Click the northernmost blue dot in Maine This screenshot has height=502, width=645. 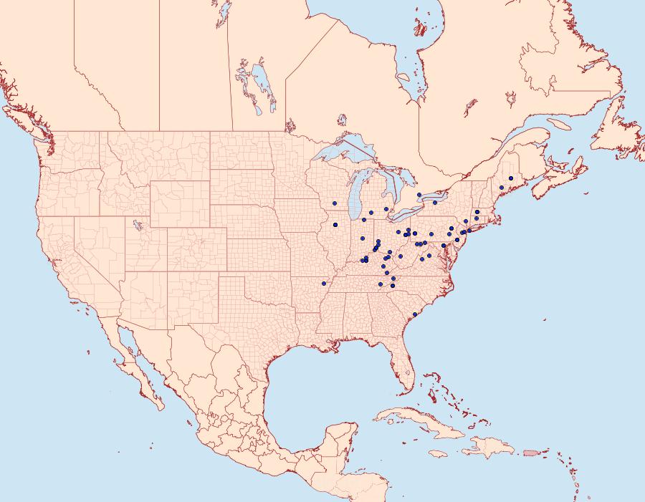511,178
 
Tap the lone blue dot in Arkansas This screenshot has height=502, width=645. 324,284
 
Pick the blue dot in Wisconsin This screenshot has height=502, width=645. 335,204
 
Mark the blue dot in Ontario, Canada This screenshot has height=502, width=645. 419,195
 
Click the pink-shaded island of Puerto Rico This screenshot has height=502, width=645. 531,452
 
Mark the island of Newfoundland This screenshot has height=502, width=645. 618,132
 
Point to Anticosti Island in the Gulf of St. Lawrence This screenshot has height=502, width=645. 562,123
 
